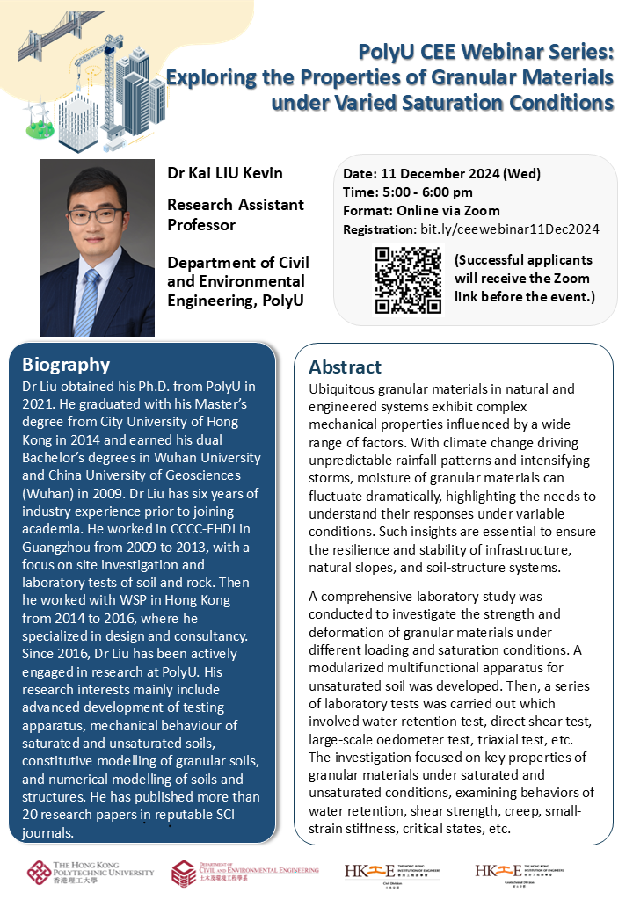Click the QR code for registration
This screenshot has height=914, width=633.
[x=408, y=280]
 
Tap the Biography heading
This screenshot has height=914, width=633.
[x=66, y=365]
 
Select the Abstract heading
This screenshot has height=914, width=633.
[x=346, y=367]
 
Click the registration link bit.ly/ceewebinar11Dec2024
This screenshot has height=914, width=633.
[x=509, y=229]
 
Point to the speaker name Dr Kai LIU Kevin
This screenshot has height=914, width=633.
[x=225, y=173]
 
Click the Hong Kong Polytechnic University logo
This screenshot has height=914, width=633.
[x=90, y=873]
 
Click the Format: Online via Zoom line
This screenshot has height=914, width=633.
[x=421, y=211]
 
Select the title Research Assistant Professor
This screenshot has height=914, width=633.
[x=236, y=214]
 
